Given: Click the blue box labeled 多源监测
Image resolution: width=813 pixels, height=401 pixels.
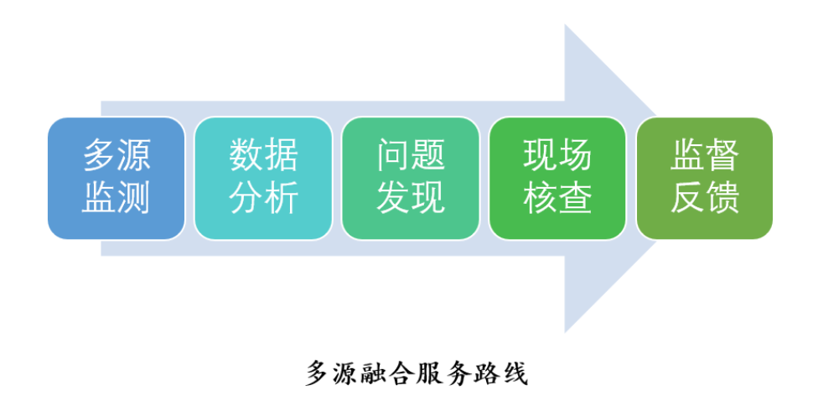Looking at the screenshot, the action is (x=117, y=179).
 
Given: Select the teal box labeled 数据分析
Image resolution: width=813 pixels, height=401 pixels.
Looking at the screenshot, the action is (x=263, y=179).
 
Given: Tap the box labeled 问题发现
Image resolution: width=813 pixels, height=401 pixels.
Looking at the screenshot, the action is (x=411, y=179).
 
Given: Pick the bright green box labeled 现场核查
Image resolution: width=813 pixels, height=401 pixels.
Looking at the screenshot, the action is (x=557, y=179).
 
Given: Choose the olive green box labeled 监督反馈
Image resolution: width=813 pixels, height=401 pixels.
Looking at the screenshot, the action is (x=705, y=179).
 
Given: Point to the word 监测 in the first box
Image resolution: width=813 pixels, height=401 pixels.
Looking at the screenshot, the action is (x=117, y=199).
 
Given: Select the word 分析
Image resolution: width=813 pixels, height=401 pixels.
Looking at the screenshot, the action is (x=263, y=199).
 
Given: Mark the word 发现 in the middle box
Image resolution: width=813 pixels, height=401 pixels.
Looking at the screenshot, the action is (x=411, y=199).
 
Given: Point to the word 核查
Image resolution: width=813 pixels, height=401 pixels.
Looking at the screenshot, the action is (x=557, y=199).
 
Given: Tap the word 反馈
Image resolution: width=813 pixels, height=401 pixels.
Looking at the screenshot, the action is (x=705, y=199).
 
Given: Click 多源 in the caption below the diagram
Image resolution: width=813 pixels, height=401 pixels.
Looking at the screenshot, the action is (x=333, y=372).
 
